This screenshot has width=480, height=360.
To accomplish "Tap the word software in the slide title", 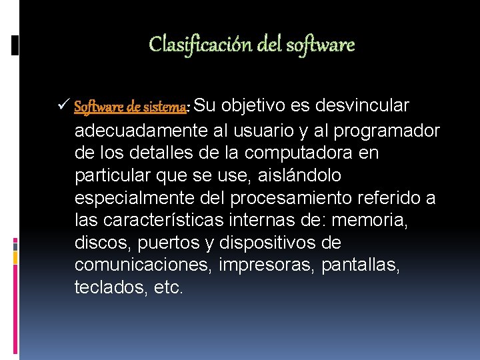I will click(x=320, y=45).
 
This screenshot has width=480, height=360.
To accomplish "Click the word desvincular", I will click(x=363, y=106).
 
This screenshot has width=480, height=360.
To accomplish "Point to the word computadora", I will click(x=302, y=153).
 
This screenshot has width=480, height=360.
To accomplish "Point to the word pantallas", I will click(x=361, y=266).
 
